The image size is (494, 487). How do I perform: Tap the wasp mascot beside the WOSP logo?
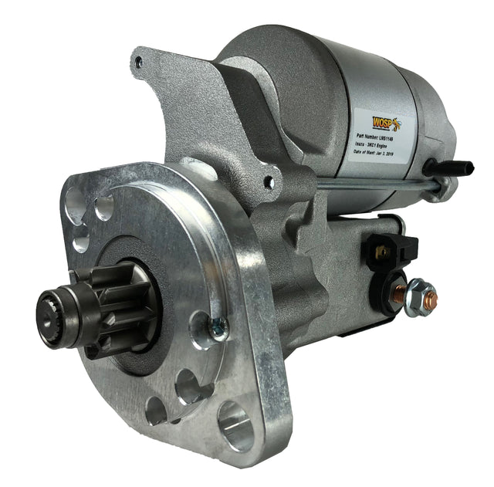(x=393, y=123)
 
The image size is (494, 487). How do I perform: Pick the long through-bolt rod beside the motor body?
(x=378, y=184)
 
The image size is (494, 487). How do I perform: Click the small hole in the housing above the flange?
(x=268, y=183)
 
